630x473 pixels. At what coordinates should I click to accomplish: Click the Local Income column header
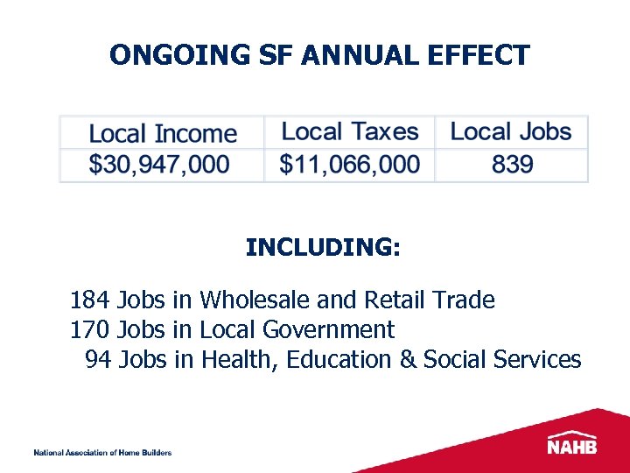point(163,134)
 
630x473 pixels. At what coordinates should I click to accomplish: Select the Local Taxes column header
point(350,132)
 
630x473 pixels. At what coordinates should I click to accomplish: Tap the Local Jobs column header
point(511,132)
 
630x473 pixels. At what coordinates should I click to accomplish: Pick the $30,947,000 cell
point(160,164)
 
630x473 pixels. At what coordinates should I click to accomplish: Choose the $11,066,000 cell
point(350,164)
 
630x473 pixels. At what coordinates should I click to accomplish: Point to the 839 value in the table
point(512,164)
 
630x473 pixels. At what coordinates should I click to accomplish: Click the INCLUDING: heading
point(323,248)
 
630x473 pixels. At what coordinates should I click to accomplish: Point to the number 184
point(89,300)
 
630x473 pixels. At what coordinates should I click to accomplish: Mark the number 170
point(89,330)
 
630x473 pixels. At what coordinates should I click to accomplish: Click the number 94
point(98,360)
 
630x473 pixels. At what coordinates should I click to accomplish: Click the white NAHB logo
point(572,442)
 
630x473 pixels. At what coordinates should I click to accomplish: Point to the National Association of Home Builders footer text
point(102,453)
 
